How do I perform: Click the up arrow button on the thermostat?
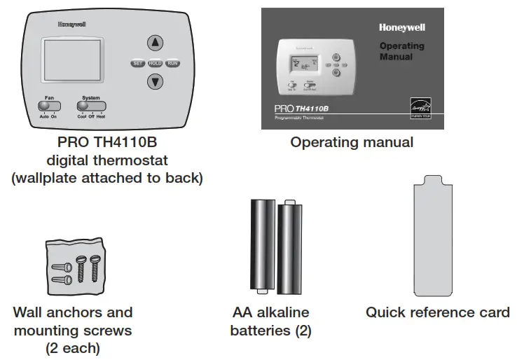pos(154,42)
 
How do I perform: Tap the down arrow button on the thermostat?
pos(154,82)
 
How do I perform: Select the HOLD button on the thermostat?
pos(155,63)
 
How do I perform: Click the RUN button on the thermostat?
pos(172,63)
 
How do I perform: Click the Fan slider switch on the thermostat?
pos(48,106)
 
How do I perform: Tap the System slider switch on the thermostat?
pos(90,106)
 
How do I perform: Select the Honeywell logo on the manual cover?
pos(401,28)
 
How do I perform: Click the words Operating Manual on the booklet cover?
pos(401,51)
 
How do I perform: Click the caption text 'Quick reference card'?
pos(437,312)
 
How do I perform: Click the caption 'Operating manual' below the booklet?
pos(352,143)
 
